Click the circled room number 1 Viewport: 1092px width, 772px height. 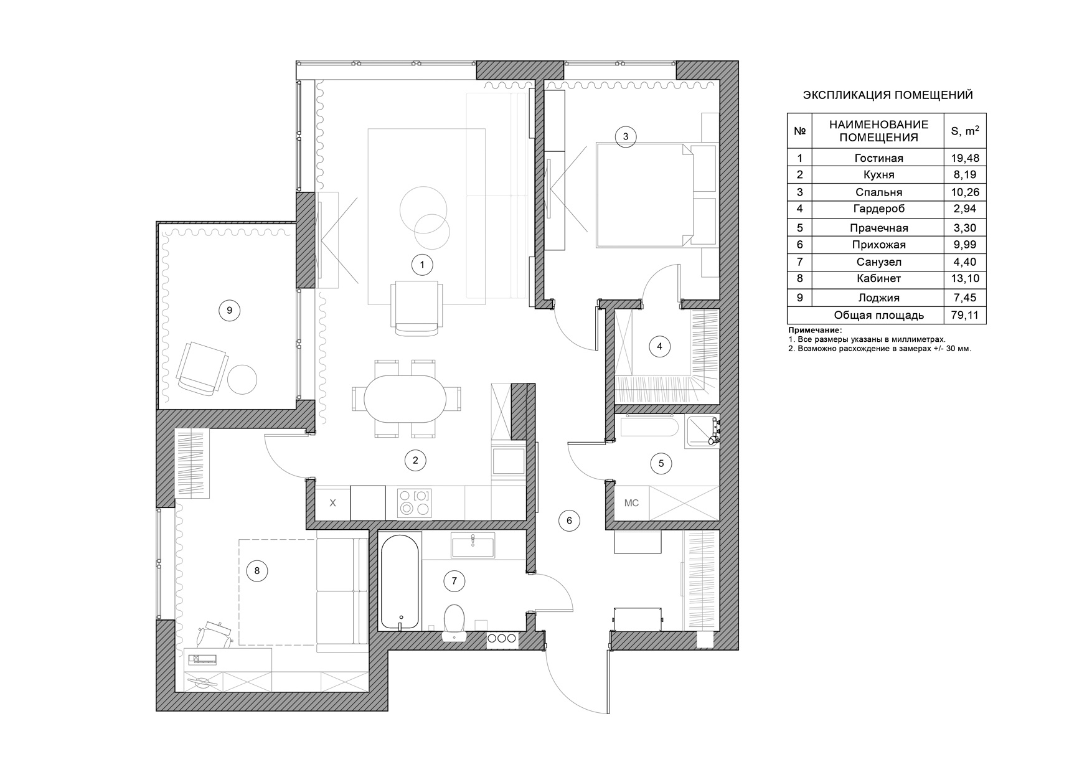click(422, 265)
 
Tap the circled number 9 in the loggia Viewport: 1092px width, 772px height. click(229, 309)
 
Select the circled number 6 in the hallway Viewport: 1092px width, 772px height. click(569, 520)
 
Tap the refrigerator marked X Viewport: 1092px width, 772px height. click(332, 502)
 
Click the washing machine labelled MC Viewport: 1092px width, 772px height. click(631, 503)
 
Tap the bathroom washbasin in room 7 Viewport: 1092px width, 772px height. click(473, 545)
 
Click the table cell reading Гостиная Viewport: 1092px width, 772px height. click(878, 158)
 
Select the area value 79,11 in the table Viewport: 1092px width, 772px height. click(965, 315)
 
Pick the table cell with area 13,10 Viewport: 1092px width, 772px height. click(965, 278)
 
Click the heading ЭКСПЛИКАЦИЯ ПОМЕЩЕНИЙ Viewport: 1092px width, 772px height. click(888, 95)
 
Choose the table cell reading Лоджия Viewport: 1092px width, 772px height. click(878, 298)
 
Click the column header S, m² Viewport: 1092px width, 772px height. click(965, 131)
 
